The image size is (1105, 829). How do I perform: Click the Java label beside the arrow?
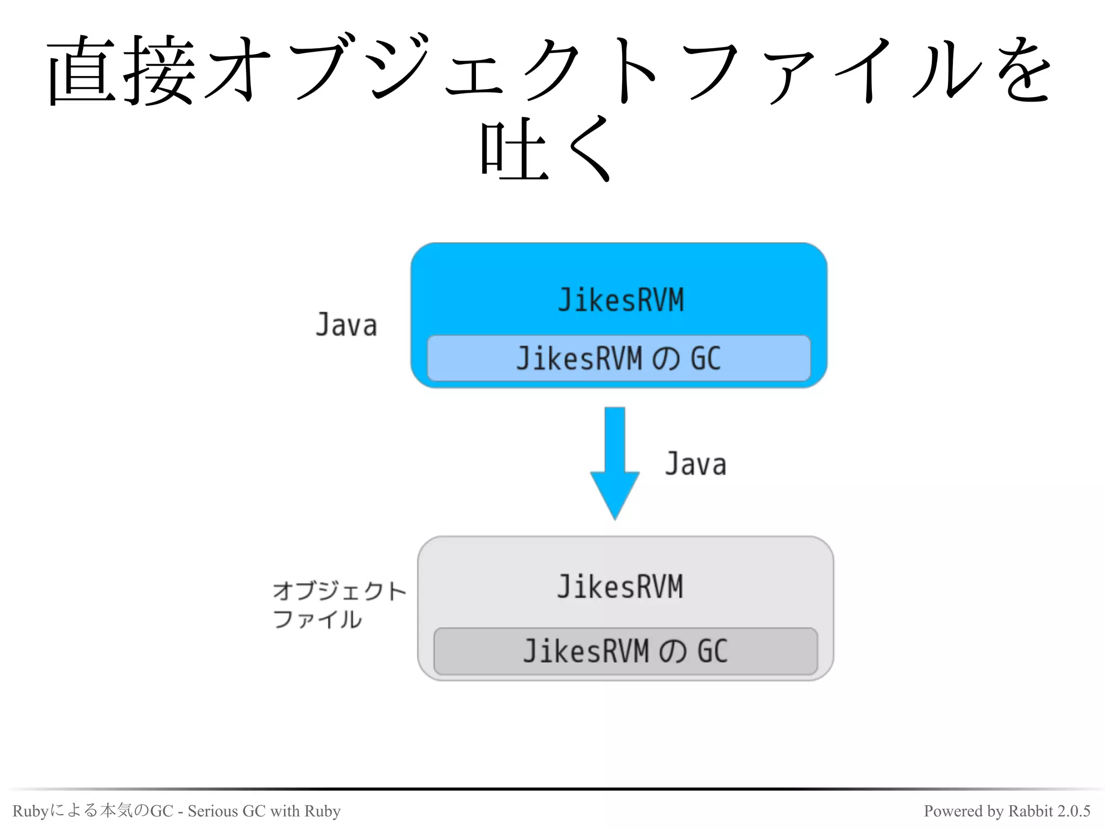click(695, 464)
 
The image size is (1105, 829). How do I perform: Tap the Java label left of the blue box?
click(346, 325)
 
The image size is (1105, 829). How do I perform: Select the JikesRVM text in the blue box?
click(620, 300)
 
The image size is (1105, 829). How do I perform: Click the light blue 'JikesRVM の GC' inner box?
click(618, 358)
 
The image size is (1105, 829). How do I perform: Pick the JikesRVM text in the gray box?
click(620, 587)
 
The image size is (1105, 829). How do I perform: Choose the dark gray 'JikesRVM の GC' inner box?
click(625, 651)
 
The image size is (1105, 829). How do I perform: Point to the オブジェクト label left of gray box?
click(339, 591)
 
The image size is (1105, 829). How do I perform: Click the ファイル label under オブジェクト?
click(317, 619)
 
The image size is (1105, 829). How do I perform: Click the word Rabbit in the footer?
click(1030, 811)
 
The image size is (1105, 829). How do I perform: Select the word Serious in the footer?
click(213, 811)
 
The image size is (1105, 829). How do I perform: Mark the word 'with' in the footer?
click(284, 811)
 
